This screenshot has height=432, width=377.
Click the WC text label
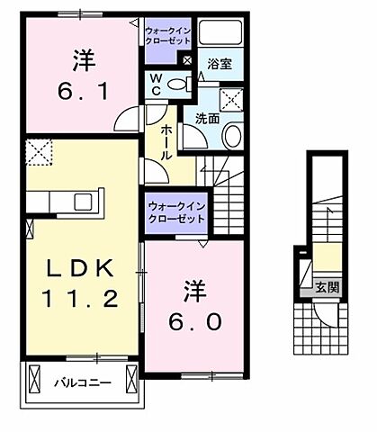point(155,83)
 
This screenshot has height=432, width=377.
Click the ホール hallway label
point(166,142)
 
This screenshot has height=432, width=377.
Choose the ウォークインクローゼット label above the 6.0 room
point(175,213)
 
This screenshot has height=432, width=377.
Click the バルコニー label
point(81,382)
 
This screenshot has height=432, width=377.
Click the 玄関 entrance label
point(327,287)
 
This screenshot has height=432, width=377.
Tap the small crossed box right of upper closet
point(186,60)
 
